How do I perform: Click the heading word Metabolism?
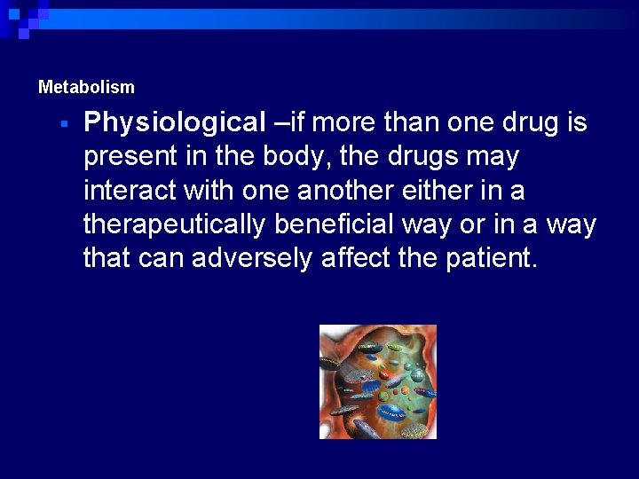point(86,88)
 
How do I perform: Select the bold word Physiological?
point(174,122)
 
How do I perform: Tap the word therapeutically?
point(174,225)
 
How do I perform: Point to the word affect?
point(353,259)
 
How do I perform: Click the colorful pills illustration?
point(378,381)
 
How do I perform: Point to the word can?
point(159,259)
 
